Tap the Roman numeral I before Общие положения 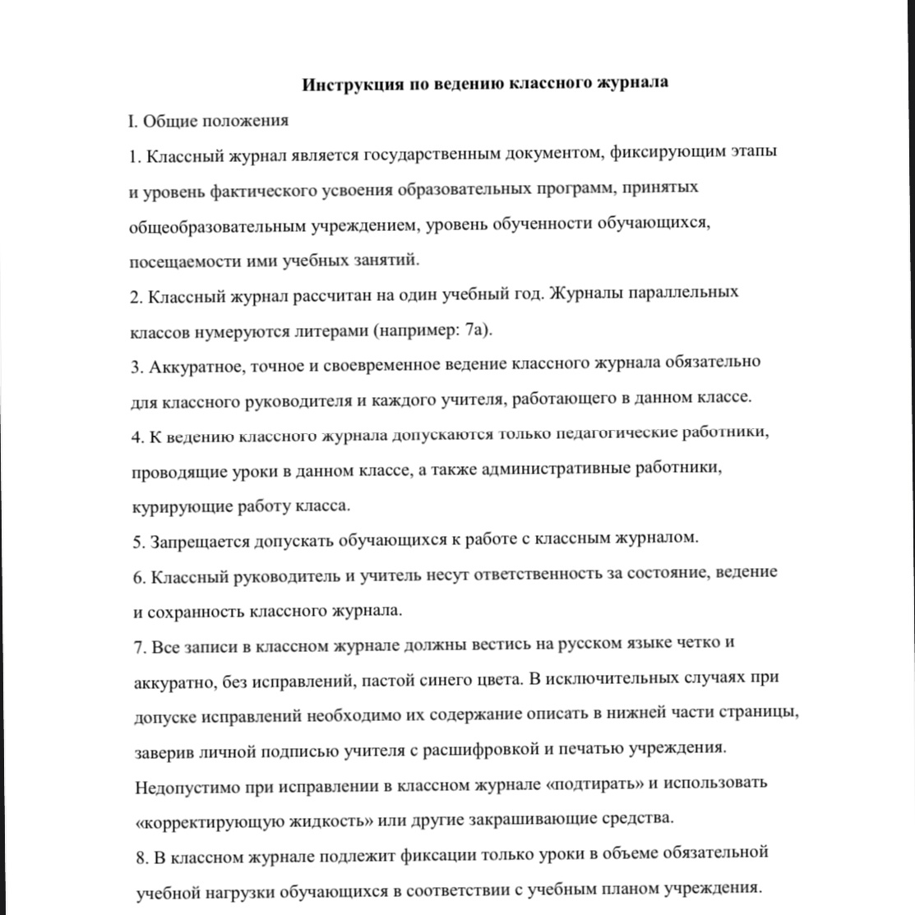[132, 121]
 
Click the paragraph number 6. [138, 576]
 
